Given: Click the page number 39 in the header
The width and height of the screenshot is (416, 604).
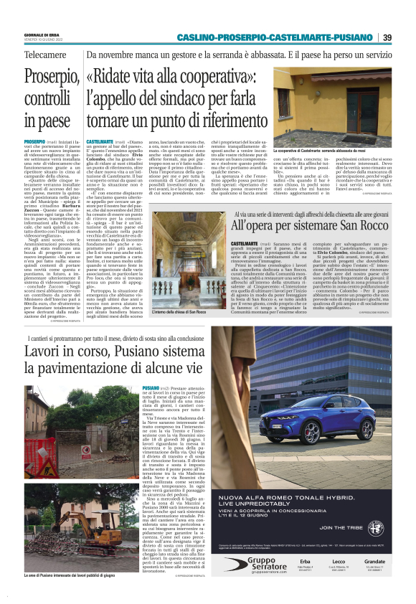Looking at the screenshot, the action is click(x=387, y=37).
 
